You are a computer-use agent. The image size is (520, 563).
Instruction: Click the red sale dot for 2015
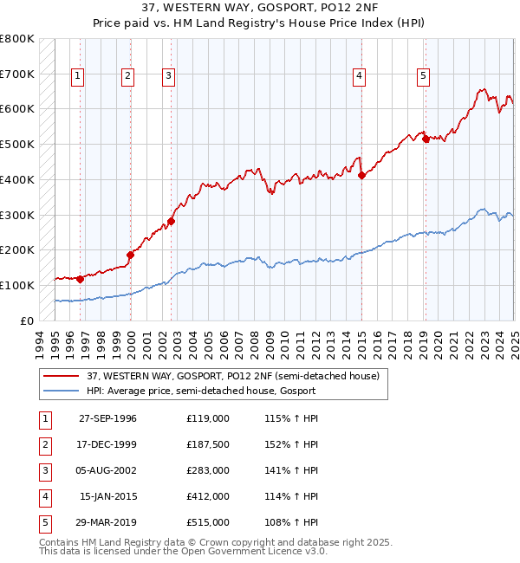point(361,175)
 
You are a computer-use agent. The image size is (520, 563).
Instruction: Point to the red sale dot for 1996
point(80,279)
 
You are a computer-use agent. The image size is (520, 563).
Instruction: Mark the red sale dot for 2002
point(172,221)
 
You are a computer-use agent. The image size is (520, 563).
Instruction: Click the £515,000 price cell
point(208,522)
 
